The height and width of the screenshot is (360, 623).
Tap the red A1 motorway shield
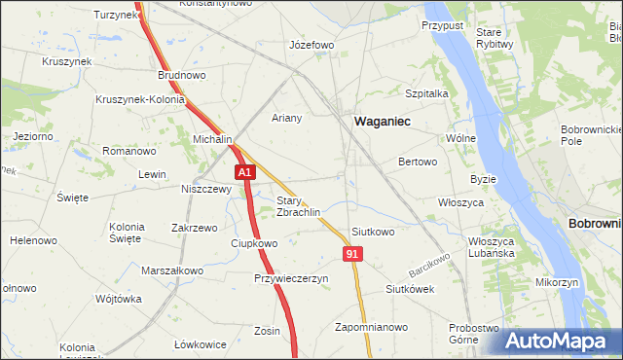click(x=245, y=172)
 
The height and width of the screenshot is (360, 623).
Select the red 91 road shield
click(x=352, y=253)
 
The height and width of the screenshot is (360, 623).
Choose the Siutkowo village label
click(x=373, y=232)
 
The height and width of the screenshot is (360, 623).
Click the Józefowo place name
click(x=312, y=45)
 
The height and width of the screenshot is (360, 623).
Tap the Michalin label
click(x=212, y=140)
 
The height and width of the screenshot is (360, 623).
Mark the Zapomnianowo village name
click(x=370, y=327)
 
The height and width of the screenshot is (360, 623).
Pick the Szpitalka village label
click(x=425, y=93)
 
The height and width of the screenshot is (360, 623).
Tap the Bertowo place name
click(x=418, y=162)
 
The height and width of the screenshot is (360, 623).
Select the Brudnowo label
click(x=182, y=74)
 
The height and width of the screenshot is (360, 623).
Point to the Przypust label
click(x=442, y=23)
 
